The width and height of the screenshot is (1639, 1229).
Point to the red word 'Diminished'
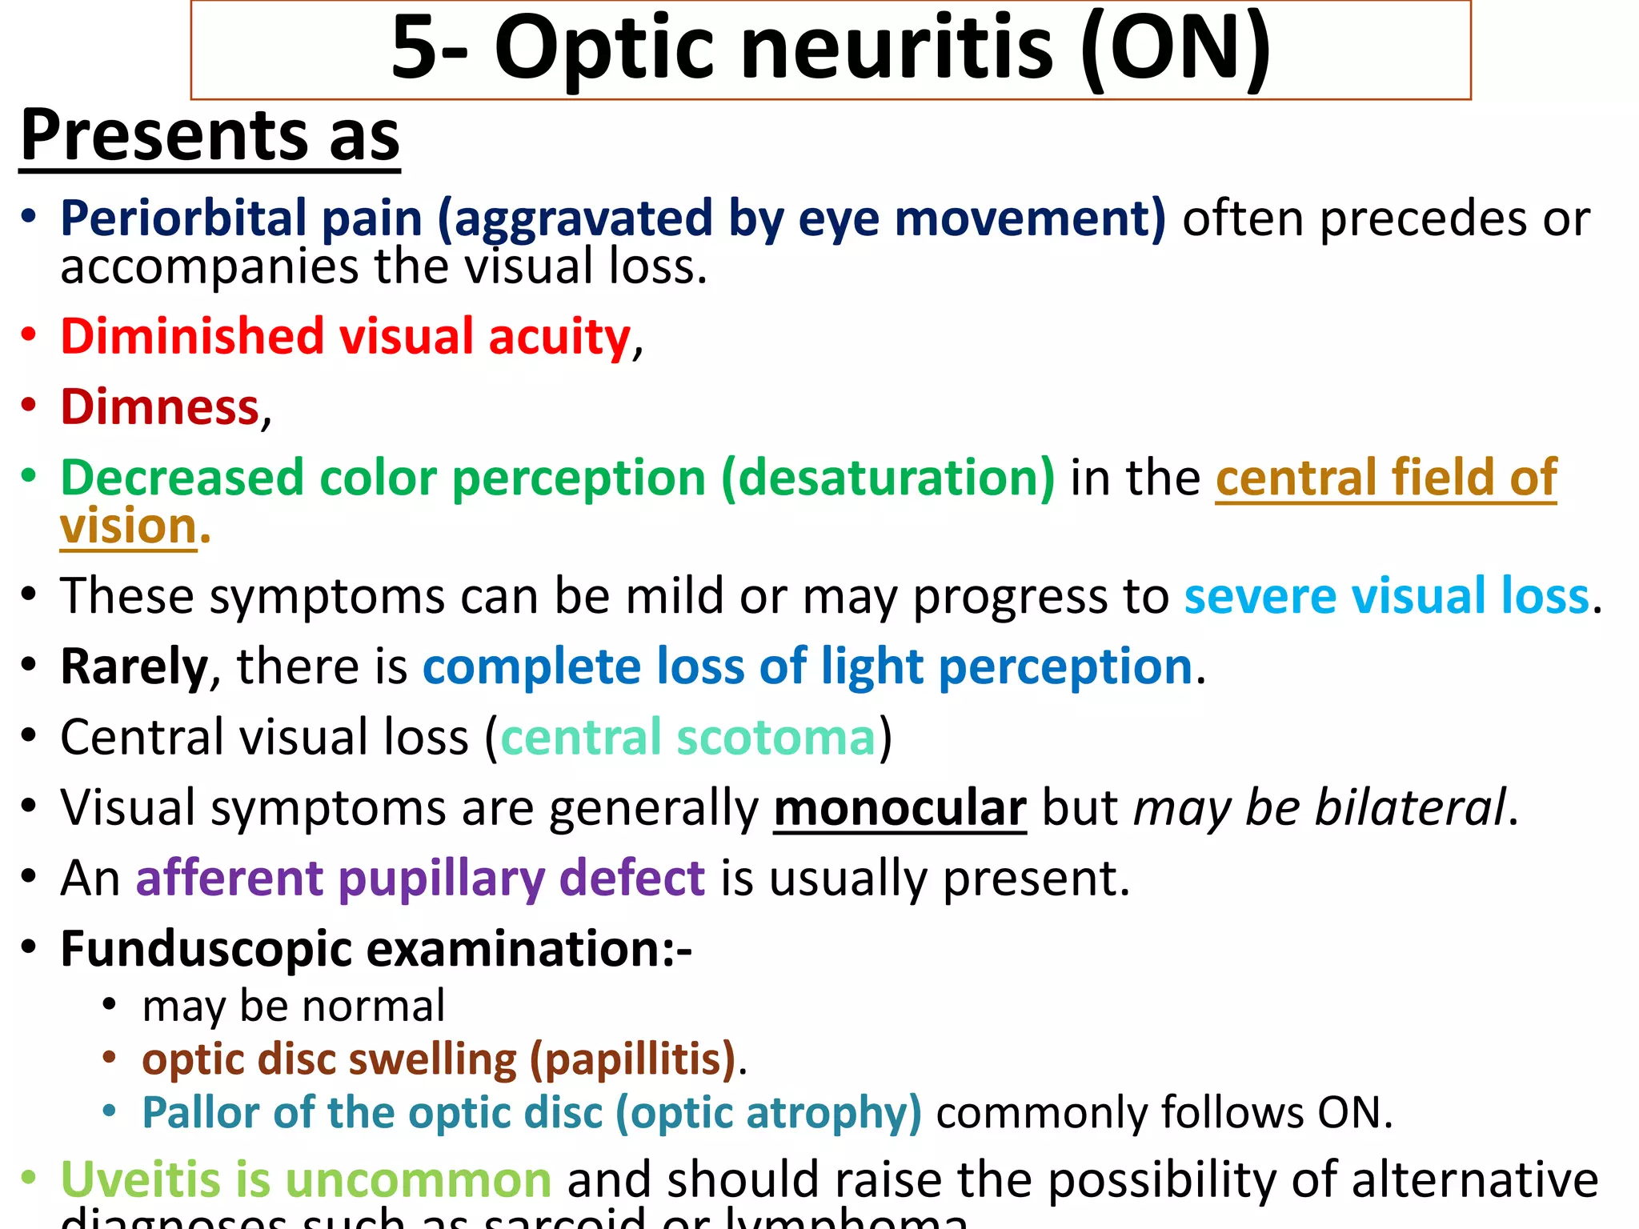(x=193, y=336)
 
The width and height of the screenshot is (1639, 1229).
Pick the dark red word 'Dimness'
(x=160, y=407)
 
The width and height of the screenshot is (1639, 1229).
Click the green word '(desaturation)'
(x=888, y=478)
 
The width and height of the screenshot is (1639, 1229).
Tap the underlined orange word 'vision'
(x=129, y=527)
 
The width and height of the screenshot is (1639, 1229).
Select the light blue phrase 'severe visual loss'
(x=1386, y=596)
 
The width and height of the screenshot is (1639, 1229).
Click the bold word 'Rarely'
(x=134, y=667)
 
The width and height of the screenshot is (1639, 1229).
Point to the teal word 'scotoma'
(x=775, y=737)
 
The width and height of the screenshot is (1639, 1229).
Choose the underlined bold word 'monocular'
(x=900, y=808)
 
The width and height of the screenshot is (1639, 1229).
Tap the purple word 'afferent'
(x=230, y=879)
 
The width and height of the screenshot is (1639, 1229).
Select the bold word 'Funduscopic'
(x=206, y=950)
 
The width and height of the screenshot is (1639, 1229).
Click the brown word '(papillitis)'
(x=633, y=1059)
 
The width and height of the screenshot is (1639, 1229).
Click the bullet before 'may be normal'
(x=110, y=1005)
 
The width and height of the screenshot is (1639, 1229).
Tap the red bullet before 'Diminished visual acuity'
(x=29, y=334)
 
